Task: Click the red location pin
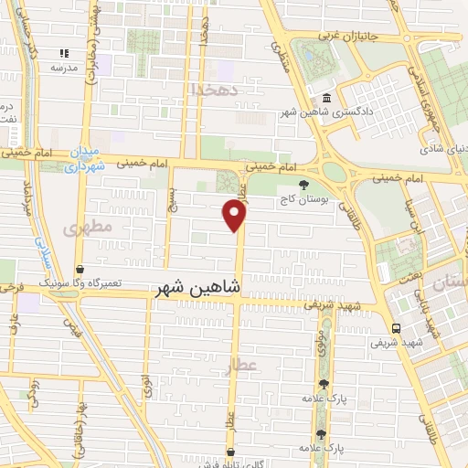[235, 215]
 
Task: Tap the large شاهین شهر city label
[198, 288]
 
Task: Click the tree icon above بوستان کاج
[291, 184]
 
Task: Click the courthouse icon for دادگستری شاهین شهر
[326, 99]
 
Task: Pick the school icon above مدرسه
[63, 54]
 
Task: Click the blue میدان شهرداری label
[90, 161]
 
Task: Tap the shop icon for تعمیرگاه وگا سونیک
[80, 271]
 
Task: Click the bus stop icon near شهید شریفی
[396, 328]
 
